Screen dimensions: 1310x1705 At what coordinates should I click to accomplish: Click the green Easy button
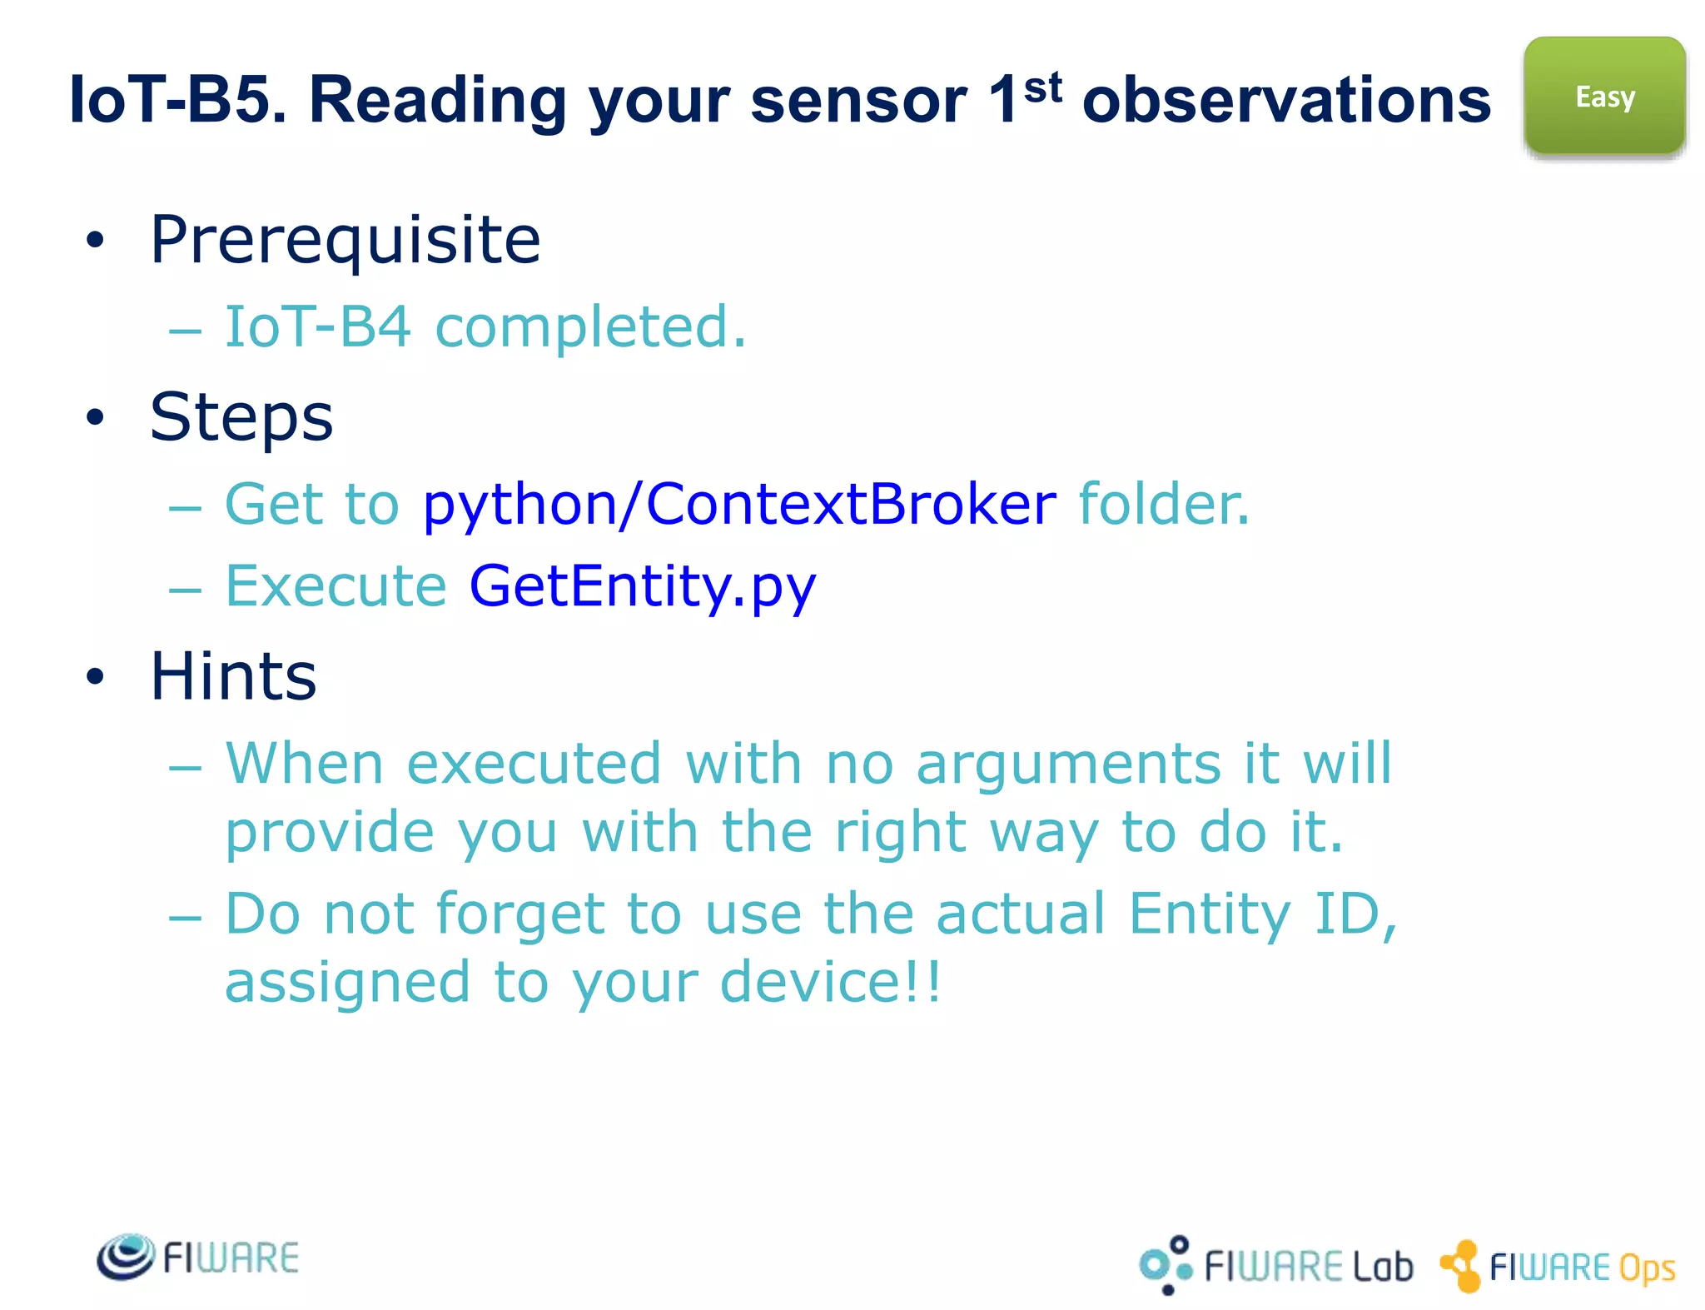click(x=1604, y=96)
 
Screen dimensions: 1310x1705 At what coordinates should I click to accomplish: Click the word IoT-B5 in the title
click(x=177, y=100)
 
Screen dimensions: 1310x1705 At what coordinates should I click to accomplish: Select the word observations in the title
click(x=1286, y=100)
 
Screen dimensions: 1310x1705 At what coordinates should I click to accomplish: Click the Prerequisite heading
click(x=345, y=240)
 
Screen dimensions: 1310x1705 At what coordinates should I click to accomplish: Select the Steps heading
click(x=241, y=416)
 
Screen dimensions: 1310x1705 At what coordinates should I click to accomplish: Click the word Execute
click(x=336, y=585)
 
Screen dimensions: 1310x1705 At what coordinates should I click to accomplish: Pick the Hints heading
click(x=233, y=676)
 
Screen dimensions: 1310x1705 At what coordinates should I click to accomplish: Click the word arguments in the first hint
click(x=1069, y=764)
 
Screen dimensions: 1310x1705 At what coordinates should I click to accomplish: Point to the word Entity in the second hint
click(x=1209, y=914)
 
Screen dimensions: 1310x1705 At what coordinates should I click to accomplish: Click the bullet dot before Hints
click(x=96, y=676)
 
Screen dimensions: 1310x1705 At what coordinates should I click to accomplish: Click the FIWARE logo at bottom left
click(x=198, y=1257)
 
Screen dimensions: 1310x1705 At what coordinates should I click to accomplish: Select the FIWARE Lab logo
click(x=1275, y=1265)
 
